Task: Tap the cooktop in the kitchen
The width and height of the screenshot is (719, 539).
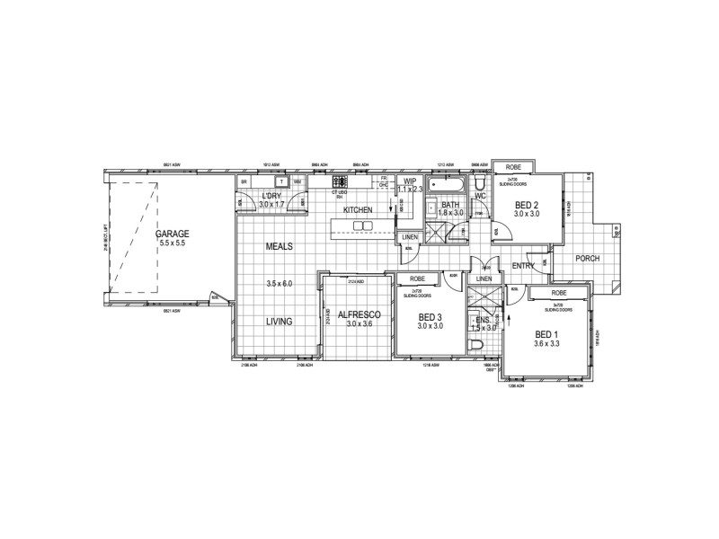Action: click(340, 183)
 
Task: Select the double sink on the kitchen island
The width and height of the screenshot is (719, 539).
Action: click(362, 225)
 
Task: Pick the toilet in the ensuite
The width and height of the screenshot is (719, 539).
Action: click(477, 343)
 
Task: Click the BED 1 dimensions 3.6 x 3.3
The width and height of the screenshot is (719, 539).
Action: click(546, 344)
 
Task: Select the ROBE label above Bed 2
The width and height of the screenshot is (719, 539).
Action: click(513, 168)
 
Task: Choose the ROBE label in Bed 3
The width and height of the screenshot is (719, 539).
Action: click(418, 279)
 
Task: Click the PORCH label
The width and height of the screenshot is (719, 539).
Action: click(588, 259)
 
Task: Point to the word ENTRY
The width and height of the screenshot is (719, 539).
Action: click(524, 266)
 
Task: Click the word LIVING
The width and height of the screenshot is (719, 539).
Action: click(280, 321)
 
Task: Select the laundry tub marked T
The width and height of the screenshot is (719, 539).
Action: click(280, 181)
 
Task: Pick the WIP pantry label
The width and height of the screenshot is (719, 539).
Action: click(410, 181)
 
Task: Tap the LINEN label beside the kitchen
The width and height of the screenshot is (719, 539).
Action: click(410, 237)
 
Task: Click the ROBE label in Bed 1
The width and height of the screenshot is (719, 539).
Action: click(559, 294)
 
